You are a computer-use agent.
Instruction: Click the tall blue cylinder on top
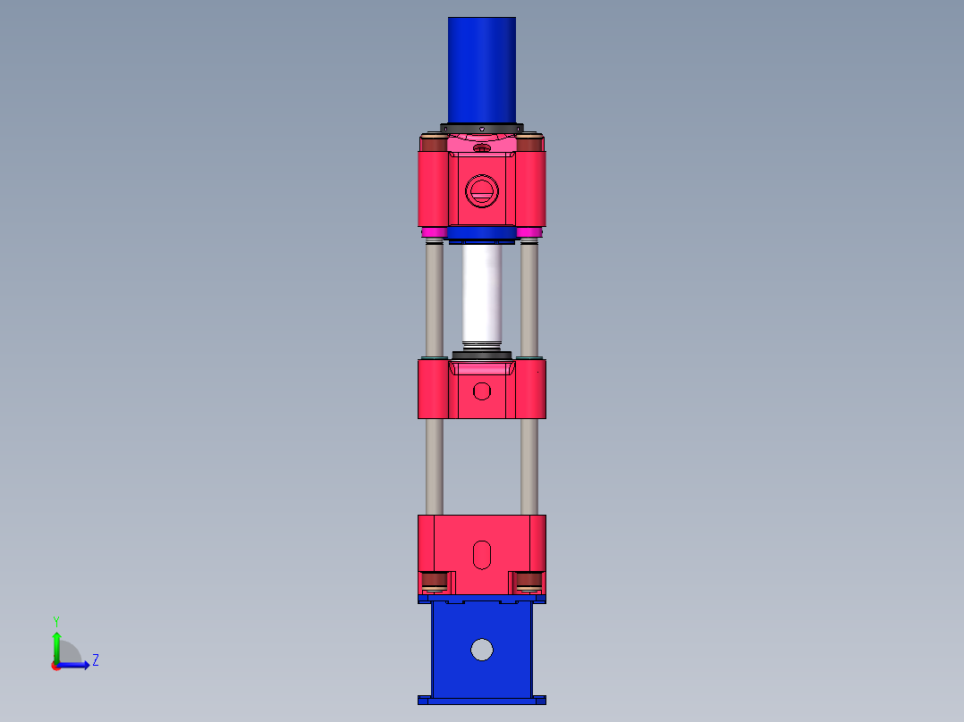(x=481, y=70)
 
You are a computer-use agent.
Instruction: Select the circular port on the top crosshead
(x=481, y=190)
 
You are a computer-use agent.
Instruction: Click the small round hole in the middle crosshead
(x=482, y=390)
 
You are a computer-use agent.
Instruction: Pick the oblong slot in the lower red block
(x=482, y=554)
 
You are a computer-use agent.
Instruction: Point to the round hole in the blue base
(x=482, y=650)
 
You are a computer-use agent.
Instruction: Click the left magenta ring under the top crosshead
(x=434, y=233)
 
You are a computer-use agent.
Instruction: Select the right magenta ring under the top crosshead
(x=529, y=233)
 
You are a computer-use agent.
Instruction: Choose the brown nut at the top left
(x=434, y=144)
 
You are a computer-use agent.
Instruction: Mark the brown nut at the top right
(x=529, y=144)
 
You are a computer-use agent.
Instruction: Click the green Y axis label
(x=55, y=620)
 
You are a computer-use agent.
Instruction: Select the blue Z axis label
(x=95, y=660)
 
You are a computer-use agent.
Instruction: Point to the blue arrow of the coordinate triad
(x=79, y=665)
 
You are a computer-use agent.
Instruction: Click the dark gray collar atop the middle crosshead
(x=482, y=357)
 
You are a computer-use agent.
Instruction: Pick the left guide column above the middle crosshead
(x=434, y=299)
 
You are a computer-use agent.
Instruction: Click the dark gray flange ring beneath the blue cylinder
(x=481, y=126)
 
